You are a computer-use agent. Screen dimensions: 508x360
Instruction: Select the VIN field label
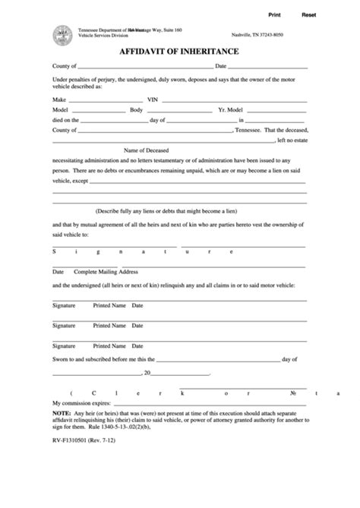coord(152,99)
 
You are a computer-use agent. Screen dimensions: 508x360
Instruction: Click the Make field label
coord(59,99)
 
